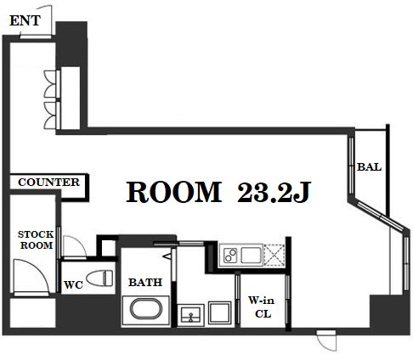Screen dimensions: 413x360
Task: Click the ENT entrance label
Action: point(25,20)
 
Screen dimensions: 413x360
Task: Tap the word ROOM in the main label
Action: point(174,192)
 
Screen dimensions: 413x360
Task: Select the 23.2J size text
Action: point(274,192)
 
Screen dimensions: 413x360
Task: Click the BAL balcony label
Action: point(369,167)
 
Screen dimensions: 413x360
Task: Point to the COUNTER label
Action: point(48,183)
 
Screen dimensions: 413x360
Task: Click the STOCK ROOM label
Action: point(36,239)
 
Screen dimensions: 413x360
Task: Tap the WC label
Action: point(73,284)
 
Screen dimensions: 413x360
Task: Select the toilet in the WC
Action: point(99,278)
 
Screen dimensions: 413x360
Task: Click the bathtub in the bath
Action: point(146,309)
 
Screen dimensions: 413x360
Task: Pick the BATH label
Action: point(145,282)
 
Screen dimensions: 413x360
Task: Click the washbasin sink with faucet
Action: point(190,315)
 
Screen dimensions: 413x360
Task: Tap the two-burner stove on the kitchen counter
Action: point(230,255)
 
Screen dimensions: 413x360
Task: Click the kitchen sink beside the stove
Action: point(252,255)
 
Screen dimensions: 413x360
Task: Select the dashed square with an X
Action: point(274,255)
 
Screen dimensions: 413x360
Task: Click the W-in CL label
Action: point(262,307)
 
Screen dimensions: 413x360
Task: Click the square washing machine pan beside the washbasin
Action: point(220,312)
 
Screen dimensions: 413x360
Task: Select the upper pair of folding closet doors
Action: point(52,84)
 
